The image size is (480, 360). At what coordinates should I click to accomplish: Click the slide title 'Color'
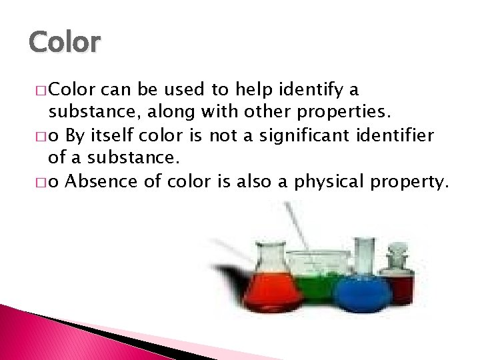tap(65, 42)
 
